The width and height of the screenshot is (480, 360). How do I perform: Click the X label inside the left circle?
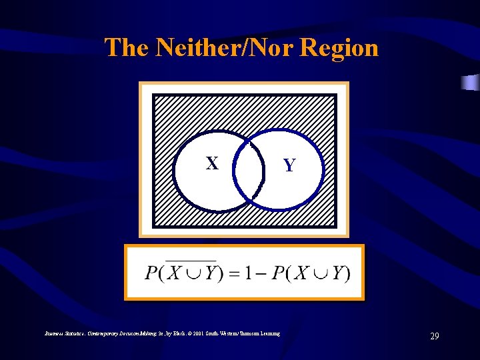point(212,163)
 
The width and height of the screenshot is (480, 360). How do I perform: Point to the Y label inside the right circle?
point(289,165)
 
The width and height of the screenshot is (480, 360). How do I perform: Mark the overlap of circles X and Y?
point(247,171)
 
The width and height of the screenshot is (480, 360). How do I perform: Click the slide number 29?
point(435,336)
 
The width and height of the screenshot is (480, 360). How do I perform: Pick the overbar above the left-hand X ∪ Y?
point(191,260)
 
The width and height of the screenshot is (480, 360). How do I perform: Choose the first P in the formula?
point(151,273)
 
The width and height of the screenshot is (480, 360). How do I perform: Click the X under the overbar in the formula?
point(174,273)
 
